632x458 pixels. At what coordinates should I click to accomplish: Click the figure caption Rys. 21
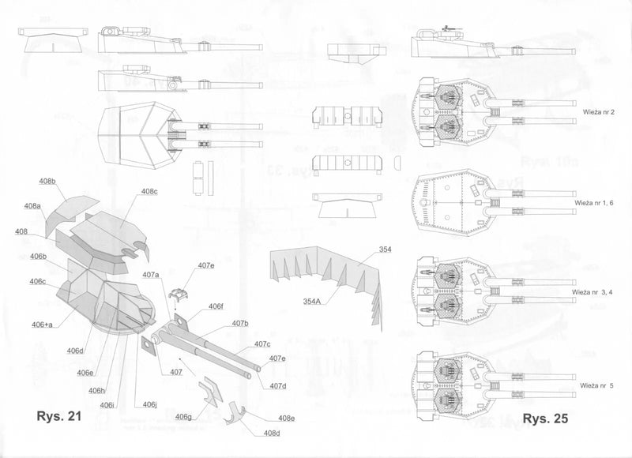59,416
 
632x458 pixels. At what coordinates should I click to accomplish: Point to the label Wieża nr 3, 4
599,292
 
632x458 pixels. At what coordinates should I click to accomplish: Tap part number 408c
149,192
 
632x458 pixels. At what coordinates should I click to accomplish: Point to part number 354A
314,301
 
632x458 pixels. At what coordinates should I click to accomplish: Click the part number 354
385,250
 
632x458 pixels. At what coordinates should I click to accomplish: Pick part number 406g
183,416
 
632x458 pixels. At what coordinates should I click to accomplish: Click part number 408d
271,433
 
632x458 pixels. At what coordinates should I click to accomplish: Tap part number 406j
150,405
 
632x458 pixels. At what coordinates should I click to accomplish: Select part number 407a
151,274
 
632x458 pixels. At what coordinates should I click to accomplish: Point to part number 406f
216,306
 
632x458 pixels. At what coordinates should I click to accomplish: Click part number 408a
32,206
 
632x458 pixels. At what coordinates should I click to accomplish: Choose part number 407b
240,324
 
